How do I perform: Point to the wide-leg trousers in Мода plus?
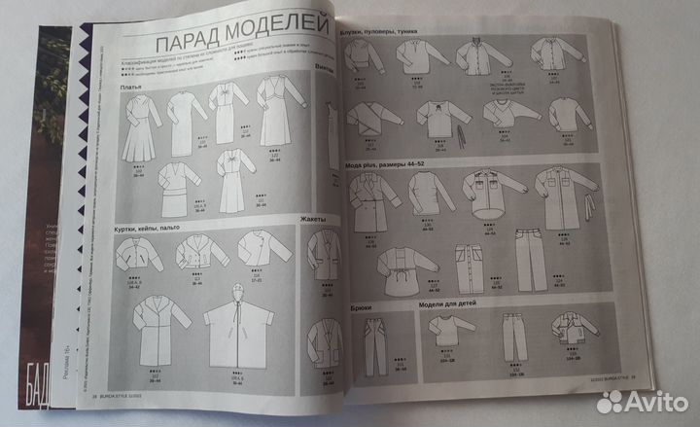(528, 259)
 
